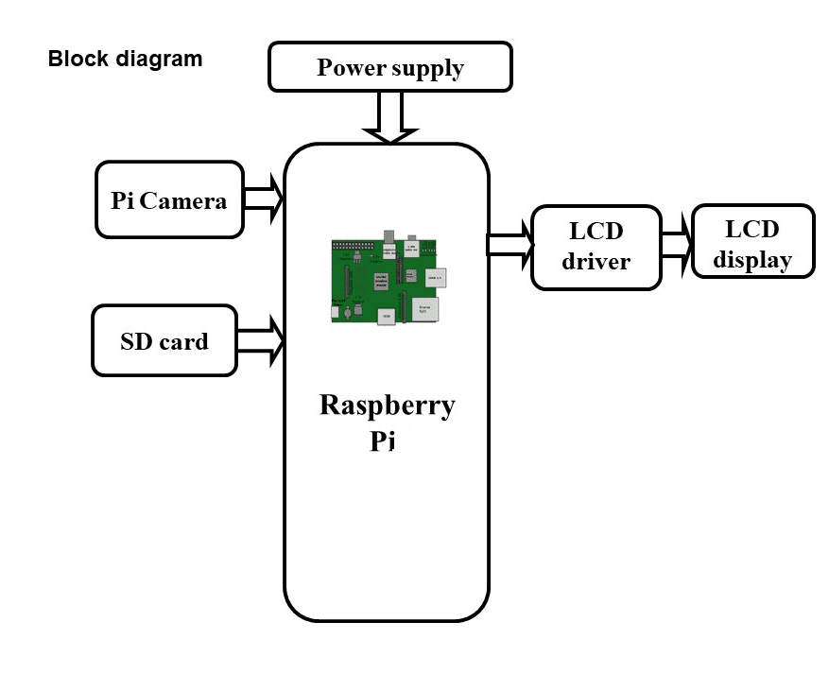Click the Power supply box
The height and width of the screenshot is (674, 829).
(x=390, y=67)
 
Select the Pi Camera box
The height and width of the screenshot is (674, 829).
(x=169, y=199)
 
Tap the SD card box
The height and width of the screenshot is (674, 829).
(x=164, y=340)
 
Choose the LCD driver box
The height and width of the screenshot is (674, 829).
(x=596, y=247)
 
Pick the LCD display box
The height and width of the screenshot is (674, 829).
(x=752, y=242)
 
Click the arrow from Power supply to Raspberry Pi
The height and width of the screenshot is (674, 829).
(x=390, y=117)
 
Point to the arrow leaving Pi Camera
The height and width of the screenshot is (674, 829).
(x=264, y=199)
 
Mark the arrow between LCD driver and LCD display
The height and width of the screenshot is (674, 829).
(x=676, y=244)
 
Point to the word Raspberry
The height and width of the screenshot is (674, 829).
(x=388, y=406)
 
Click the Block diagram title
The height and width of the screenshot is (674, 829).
(x=125, y=59)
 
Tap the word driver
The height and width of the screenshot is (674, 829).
(x=596, y=262)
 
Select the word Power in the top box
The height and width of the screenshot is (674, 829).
(x=351, y=68)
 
